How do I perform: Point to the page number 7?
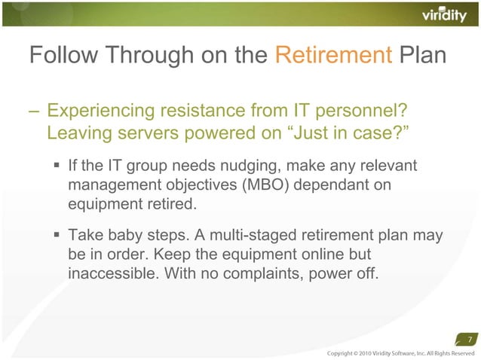pos(470,337)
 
